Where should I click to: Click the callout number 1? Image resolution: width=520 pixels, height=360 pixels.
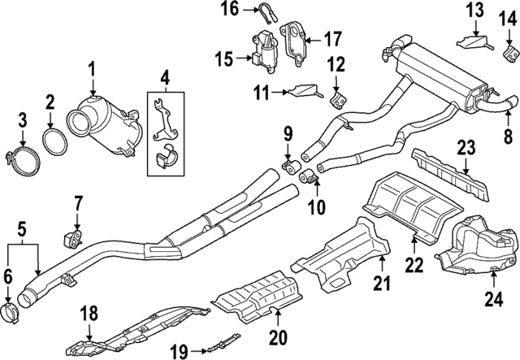[x=91, y=70]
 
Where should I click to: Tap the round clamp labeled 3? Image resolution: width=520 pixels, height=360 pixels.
[x=22, y=161]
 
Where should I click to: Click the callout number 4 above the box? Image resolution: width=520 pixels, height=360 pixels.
[x=165, y=80]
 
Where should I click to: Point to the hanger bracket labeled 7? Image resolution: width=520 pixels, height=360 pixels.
[x=72, y=239]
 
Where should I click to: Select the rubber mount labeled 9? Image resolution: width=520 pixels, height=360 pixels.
[x=292, y=167]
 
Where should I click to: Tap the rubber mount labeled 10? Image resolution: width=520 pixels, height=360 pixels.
[x=309, y=177]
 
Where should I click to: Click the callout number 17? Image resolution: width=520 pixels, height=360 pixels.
[x=332, y=40]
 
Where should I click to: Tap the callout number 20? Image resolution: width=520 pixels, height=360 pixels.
[x=278, y=337]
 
